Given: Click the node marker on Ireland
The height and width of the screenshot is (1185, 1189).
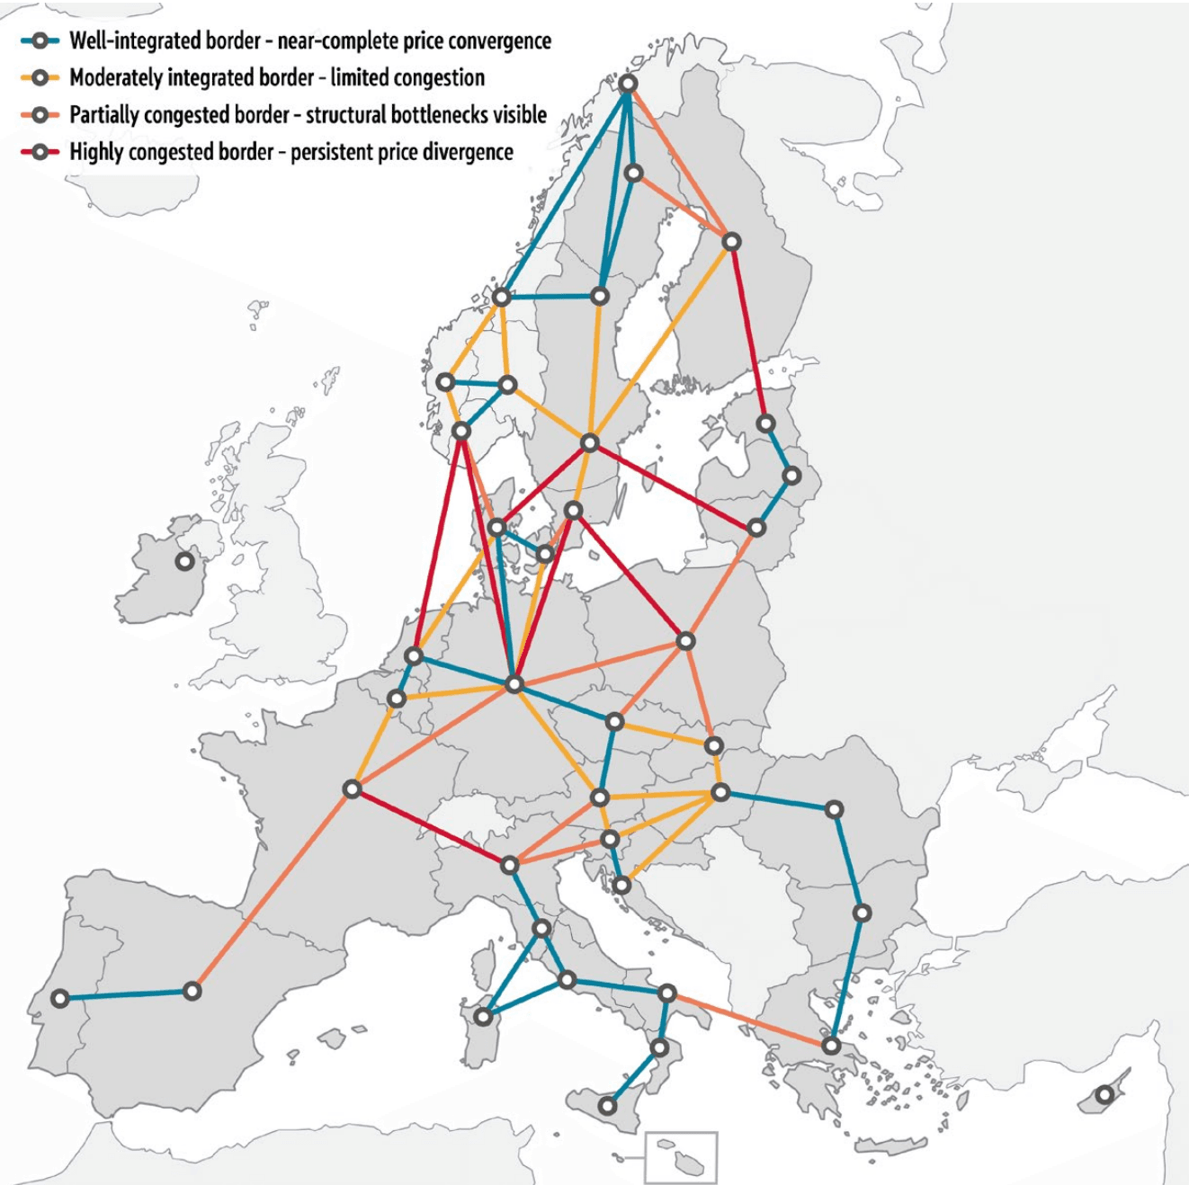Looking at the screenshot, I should (184, 561).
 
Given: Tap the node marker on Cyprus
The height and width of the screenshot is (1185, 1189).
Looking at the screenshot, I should (1104, 1095).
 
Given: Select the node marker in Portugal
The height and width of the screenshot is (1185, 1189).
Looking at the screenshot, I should (60, 998).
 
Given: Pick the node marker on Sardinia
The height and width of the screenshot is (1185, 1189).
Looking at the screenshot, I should (484, 1017).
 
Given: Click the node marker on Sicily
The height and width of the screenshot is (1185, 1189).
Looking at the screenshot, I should (608, 1105).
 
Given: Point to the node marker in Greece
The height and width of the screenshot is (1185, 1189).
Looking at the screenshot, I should (831, 1046).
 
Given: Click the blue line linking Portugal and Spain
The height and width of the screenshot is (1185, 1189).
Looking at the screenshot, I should (126, 994).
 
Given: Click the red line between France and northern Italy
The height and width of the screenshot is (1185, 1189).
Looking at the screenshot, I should (431, 827).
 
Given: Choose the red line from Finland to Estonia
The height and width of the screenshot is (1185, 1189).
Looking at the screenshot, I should (749, 333).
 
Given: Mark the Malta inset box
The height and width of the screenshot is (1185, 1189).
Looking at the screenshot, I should (681, 1157).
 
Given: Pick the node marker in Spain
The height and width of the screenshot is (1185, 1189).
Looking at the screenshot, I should (192, 991).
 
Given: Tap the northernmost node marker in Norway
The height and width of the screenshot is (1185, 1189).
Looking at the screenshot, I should (629, 84).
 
